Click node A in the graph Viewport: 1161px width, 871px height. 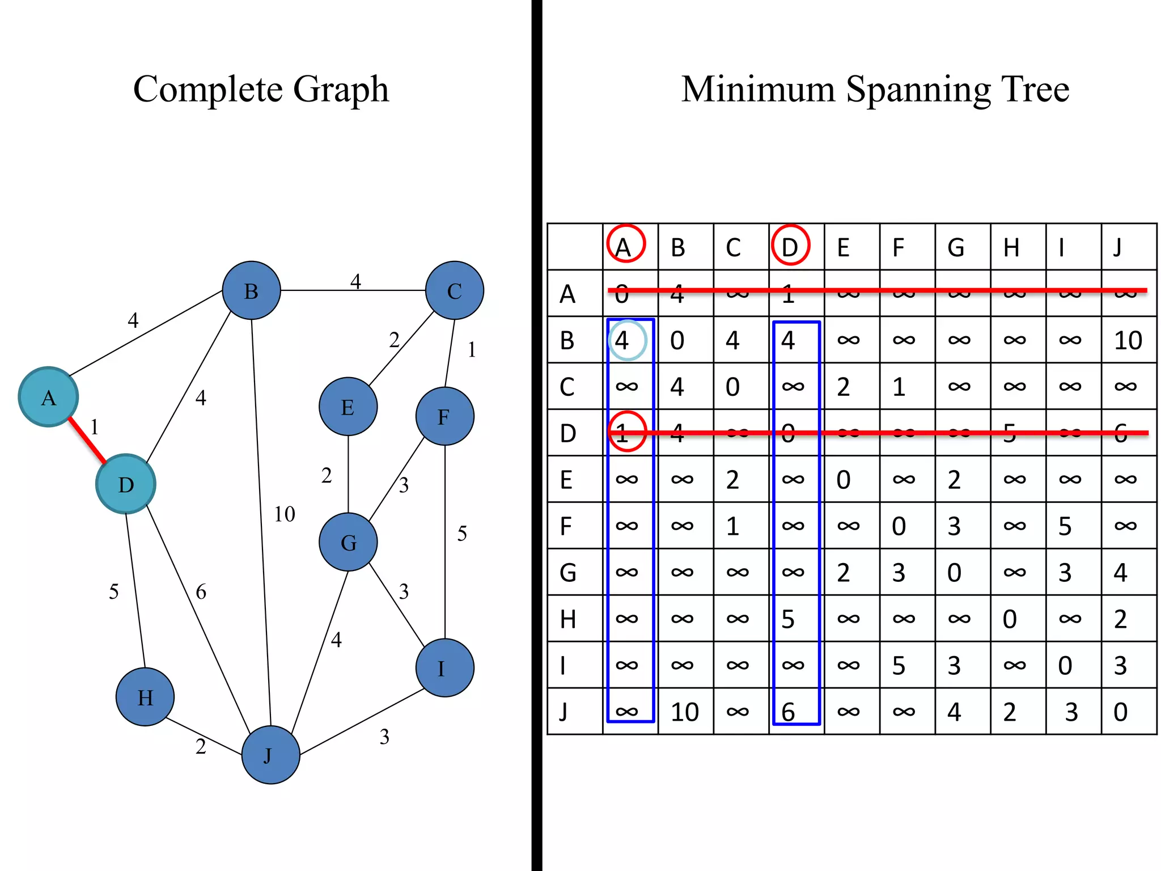[48, 397]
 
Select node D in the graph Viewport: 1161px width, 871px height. [125, 484]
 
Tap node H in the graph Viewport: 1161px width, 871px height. [145, 697]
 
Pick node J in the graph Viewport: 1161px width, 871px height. [270, 755]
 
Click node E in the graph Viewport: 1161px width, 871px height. [348, 407]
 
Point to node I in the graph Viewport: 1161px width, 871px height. [444, 668]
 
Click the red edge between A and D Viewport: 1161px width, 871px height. [87, 441]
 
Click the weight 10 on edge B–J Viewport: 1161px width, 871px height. [285, 514]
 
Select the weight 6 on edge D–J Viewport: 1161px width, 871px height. [201, 592]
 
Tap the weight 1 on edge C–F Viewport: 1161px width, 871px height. [472, 350]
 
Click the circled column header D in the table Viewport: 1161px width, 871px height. [790, 246]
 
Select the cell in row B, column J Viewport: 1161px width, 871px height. [1128, 340]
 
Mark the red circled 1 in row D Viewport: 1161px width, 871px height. [627, 432]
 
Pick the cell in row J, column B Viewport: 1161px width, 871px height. [685, 712]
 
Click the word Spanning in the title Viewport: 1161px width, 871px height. [918, 90]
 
